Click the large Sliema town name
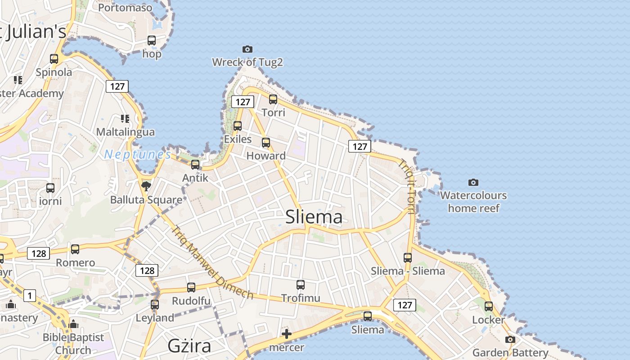pyautogui.click(x=314, y=217)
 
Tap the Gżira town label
pyautogui.click(x=189, y=346)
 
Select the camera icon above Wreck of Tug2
pyautogui.click(x=247, y=49)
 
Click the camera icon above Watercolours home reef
pyautogui.click(x=473, y=182)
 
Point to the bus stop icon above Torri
pyautogui.click(x=273, y=99)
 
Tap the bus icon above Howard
pyautogui.click(x=266, y=143)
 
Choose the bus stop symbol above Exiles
pyautogui.click(x=238, y=126)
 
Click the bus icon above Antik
pyautogui.click(x=195, y=165)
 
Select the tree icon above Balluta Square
pyautogui.click(x=146, y=186)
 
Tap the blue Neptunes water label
pyautogui.click(x=138, y=155)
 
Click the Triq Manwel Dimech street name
pyautogui.click(x=212, y=262)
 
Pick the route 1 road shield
pyautogui.click(x=29, y=296)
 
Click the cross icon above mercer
pyautogui.click(x=287, y=334)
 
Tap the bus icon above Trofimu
pyautogui.click(x=301, y=284)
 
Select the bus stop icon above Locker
pyautogui.click(x=489, y=306)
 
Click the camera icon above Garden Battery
pyautogui.click(x=510, y=339)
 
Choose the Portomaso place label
pyautogui.click(x=125, y=8)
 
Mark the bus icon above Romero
pyautogui.click(x=75, y=249)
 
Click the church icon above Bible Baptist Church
pyautogui.click(x=73, y=324)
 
